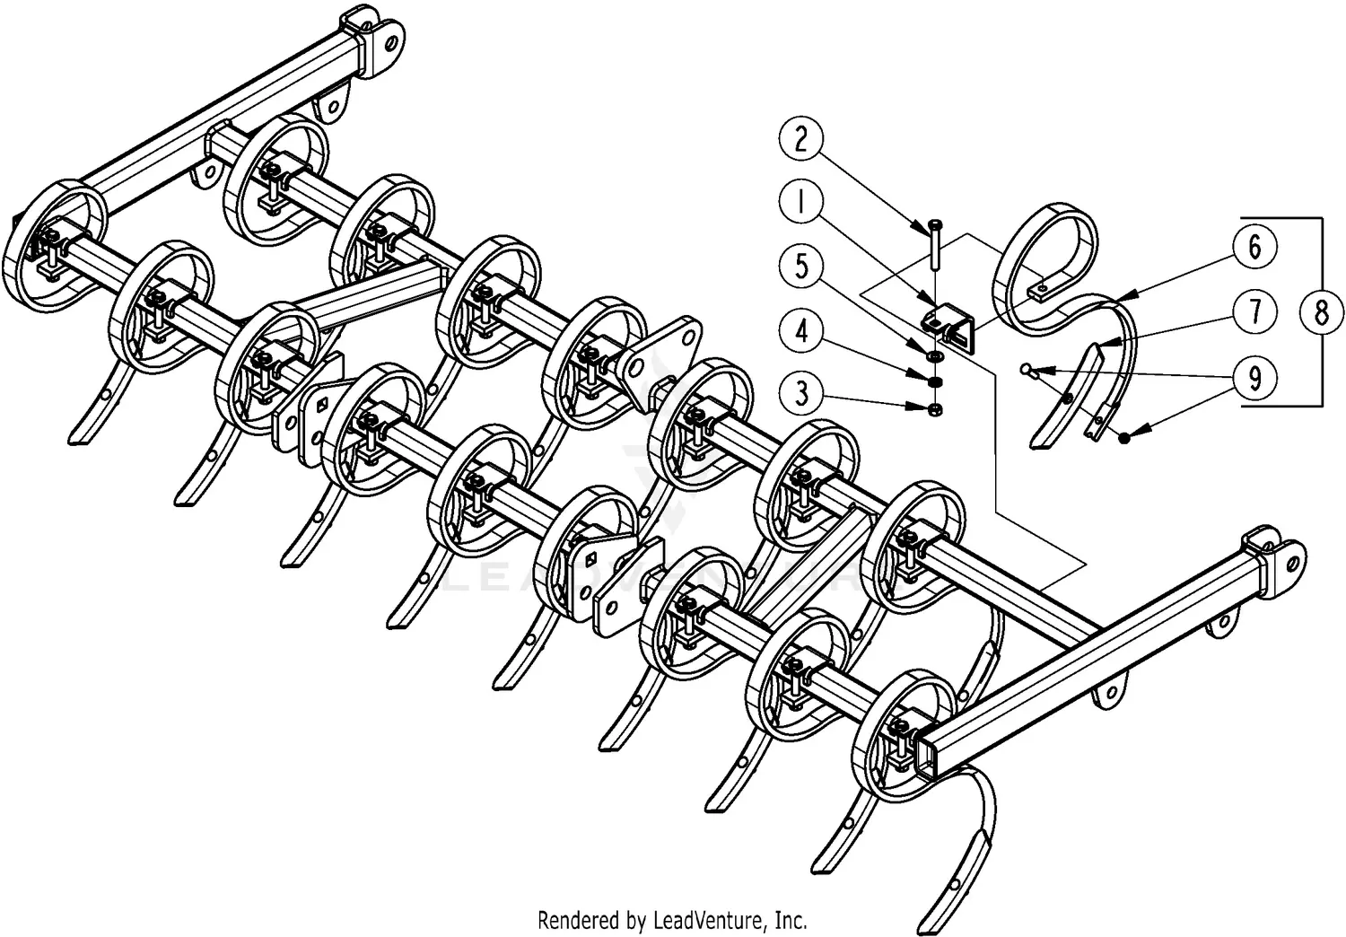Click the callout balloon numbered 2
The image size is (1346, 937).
801,138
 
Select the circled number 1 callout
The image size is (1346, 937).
801,203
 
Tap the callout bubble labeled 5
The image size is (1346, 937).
801,267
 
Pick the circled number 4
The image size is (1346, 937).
801,331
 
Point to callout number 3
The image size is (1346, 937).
801,393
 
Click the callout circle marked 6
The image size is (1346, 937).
1254,246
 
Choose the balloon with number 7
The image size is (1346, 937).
1254,311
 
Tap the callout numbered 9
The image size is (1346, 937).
1254,378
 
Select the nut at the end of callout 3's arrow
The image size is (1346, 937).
934,410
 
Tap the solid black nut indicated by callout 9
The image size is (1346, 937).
1123,435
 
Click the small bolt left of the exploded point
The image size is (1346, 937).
1026,367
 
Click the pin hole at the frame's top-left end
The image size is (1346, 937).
391,39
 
